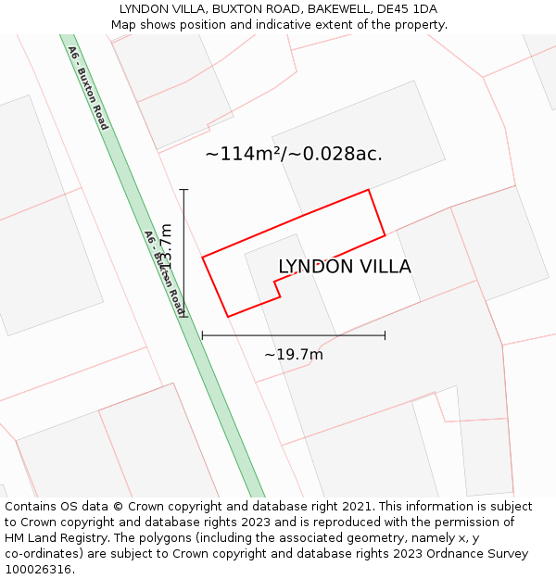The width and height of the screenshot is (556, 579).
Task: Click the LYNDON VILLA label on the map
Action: click(x=345, y=267)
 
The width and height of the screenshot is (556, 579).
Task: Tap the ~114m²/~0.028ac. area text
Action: click(x=294, y=154)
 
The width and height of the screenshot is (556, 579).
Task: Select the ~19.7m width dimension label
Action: click(x=294, y=355)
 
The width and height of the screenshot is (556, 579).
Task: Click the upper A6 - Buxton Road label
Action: click(x=88, y=87)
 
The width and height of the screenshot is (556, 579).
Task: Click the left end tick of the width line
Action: click(x=202, y=335)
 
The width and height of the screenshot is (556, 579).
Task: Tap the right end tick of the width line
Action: click(x=385, y=335)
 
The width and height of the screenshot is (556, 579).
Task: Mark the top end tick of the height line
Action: click(x=184, y=190)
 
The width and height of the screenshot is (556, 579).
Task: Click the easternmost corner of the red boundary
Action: click(x=385, y=234)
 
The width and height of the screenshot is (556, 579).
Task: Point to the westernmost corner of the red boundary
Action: click(x=203, y=257)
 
